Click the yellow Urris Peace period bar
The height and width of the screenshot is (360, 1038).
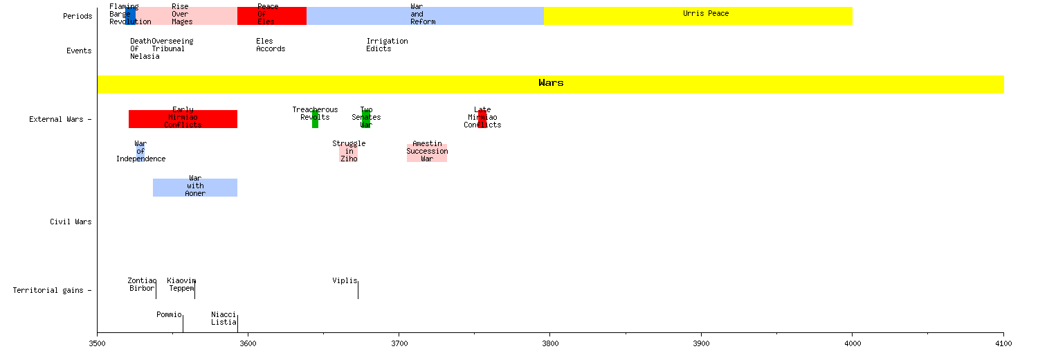[x=698, y=16]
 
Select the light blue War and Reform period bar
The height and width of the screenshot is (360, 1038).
[x=425, y=16]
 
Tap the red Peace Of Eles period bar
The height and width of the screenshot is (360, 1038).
[x=271, y=16]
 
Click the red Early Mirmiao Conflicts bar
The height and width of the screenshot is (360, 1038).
[x=183, y=119]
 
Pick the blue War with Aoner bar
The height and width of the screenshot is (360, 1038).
[x=195, y=188]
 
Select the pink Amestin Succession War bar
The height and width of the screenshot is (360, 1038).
[x=427, y=153]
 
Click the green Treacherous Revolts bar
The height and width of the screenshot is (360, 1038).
[x=315, y=119]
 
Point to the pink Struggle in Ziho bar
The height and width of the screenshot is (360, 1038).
[x=349, y=153]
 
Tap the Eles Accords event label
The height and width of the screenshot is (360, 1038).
[x=270, y=45]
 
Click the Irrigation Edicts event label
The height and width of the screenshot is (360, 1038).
[x=387, y=45]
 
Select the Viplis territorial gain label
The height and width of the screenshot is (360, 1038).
[x=345, y=280]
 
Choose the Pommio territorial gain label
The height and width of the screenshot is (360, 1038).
[x=169, y=314]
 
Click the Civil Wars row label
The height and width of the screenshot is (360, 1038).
[x=71, y=222]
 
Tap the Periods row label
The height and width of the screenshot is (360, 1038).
[x=77, y=17]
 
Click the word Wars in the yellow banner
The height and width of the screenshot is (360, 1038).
[x=551, y=83]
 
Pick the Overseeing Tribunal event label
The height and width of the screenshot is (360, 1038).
[x=172, y=45]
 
